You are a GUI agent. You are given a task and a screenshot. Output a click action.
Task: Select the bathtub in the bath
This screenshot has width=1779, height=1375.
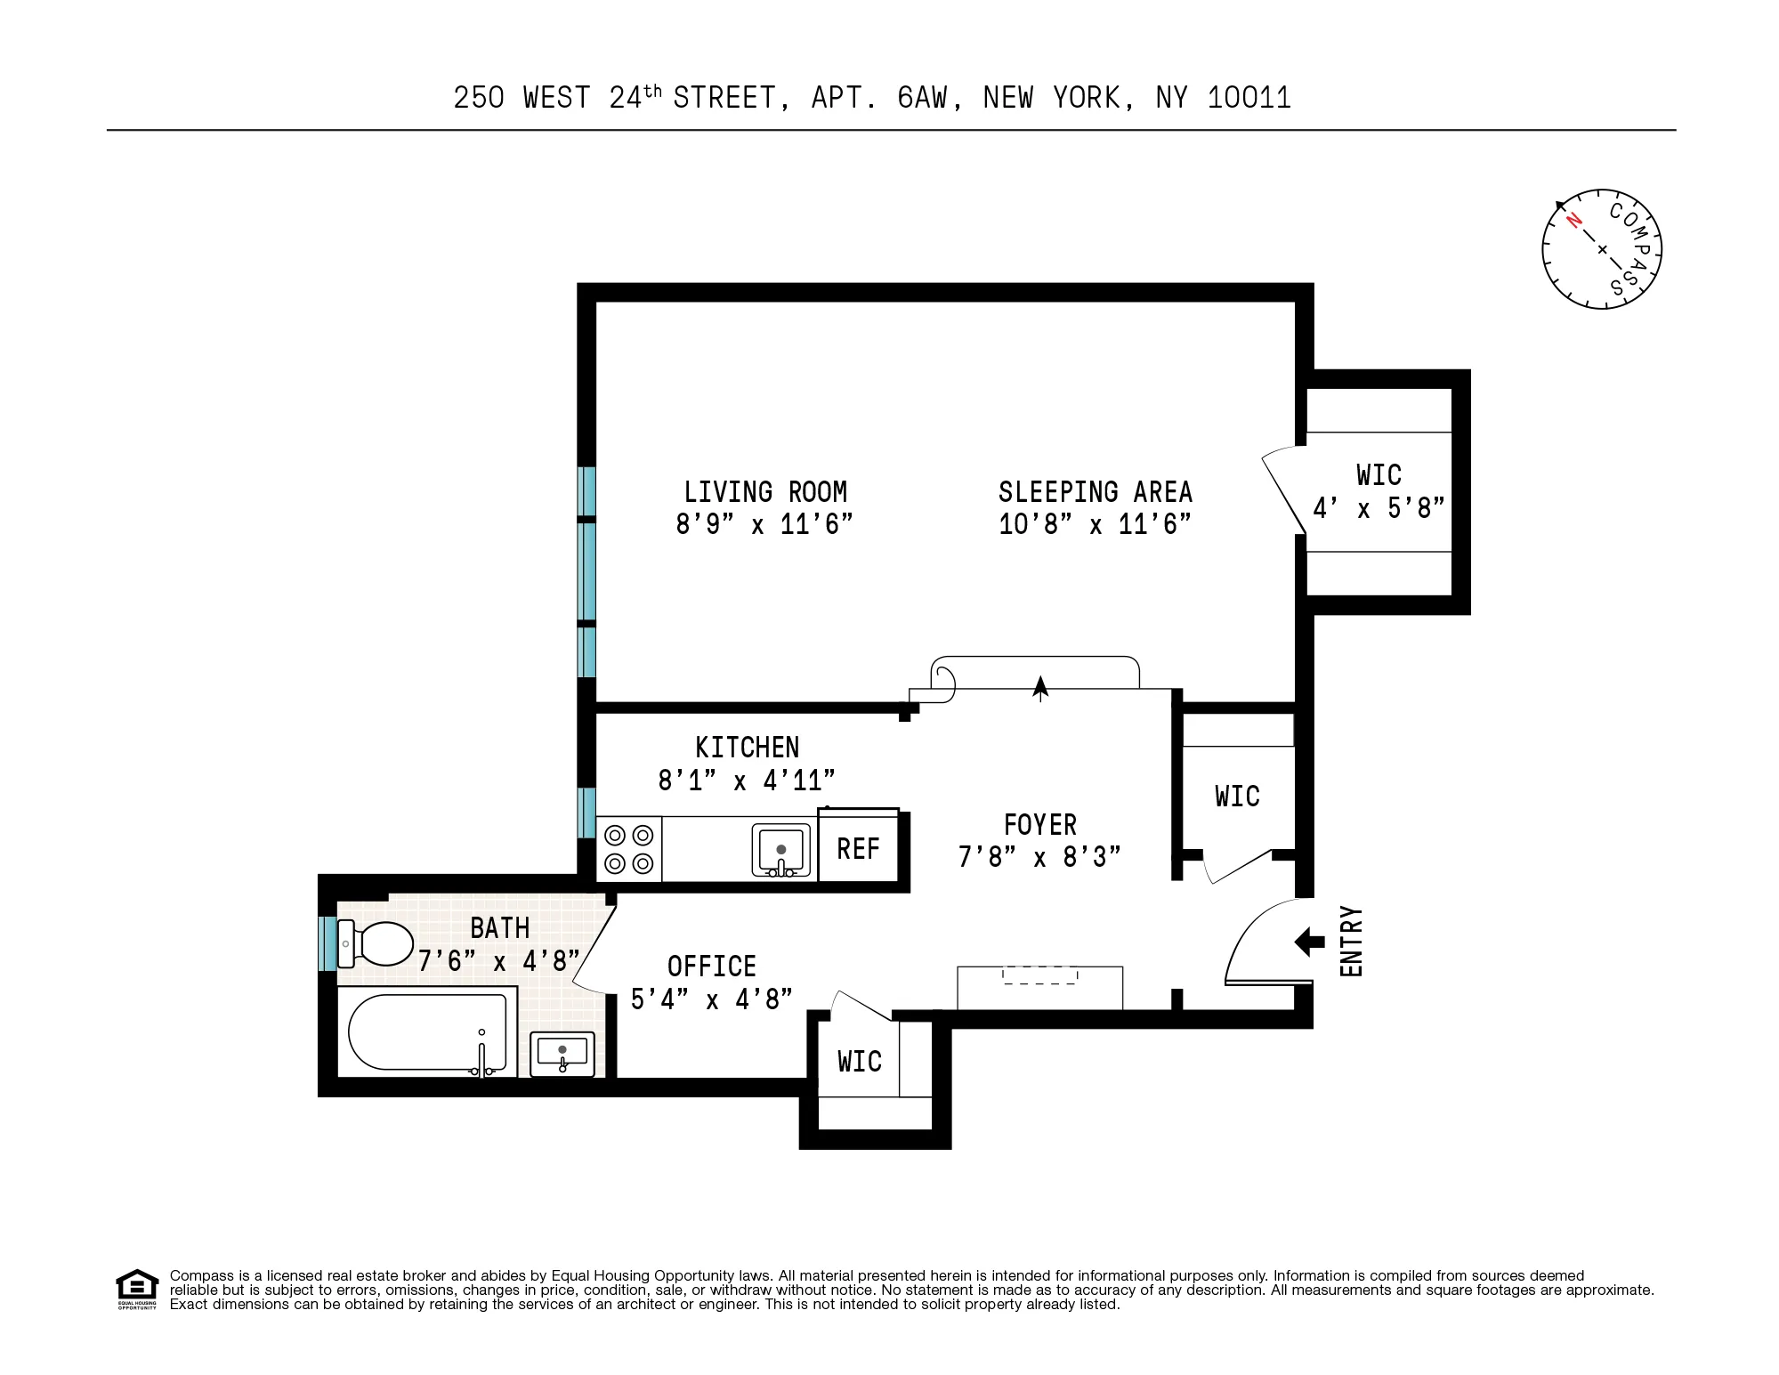[427, 1032]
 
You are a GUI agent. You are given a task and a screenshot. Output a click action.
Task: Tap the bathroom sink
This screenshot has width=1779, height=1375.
[562, 1054]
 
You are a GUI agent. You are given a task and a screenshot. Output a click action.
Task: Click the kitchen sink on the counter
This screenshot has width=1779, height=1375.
[781, 851]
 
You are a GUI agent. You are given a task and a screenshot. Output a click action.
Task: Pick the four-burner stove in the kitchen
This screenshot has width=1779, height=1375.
[629, 849]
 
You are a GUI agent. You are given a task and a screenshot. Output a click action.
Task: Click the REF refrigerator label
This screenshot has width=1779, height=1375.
[858, 849]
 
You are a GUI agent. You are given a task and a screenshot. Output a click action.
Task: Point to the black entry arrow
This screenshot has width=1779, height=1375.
[1309, 942]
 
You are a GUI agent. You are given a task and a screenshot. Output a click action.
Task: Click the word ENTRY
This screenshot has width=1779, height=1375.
[1351, 942]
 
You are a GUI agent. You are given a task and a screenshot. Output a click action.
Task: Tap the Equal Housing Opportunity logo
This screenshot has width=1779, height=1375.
[137, 1289]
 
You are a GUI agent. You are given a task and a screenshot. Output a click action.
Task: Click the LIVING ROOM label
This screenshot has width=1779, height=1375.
[765, 492]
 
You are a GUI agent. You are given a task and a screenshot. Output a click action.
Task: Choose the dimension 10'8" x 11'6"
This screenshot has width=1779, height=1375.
[1095, 524]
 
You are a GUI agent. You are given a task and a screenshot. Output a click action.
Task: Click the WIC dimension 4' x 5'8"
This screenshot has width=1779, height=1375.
[1379, 508]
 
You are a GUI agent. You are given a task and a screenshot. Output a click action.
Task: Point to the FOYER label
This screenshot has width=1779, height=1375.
[1039, 825]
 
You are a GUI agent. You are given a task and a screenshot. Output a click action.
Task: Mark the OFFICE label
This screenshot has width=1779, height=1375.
[712, 967]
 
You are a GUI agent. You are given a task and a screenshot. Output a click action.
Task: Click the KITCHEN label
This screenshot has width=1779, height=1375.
[748, 748]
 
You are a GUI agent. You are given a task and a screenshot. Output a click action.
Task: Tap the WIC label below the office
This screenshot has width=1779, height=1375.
[860, 1062]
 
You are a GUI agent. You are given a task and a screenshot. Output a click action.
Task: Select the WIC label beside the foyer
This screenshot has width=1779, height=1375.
[1237, 797]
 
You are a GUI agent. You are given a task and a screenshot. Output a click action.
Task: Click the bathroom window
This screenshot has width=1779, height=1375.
[327, 943]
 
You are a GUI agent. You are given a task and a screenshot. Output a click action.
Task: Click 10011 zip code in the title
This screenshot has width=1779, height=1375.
[1249, 98]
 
